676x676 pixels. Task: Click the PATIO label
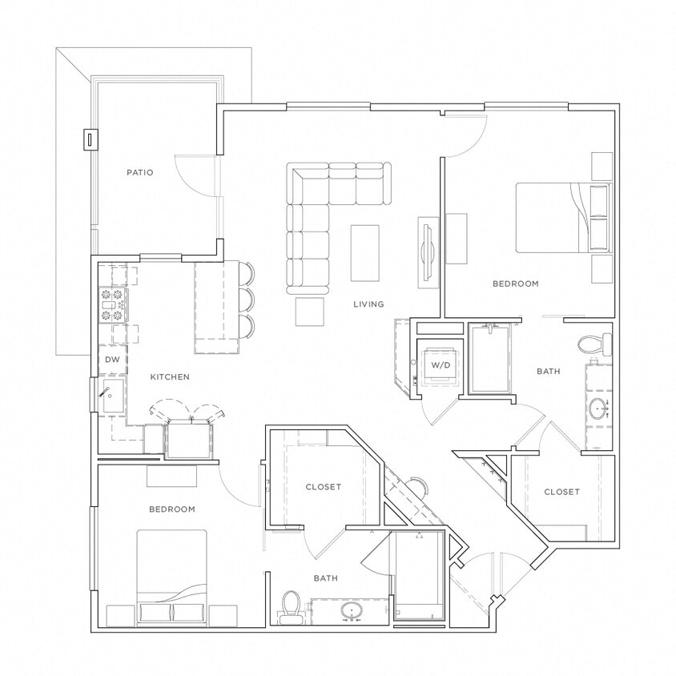coord(139,172)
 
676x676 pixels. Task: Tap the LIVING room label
coord(369,304)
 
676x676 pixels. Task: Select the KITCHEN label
coord(170,376)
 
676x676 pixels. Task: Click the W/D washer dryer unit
coord(441,365)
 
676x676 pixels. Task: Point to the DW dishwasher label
coord(112,360)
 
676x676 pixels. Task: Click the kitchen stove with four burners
coord(112,305)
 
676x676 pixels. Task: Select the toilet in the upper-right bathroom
coord(594,344)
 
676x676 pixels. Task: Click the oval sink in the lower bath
coord(352,613)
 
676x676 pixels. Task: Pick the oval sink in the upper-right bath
coord(598,409)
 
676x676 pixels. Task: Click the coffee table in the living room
coord(365,253)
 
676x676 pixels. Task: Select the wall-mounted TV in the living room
coord(427,252)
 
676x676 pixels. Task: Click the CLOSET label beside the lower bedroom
coord(323,487)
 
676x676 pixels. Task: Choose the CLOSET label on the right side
coord(561,492)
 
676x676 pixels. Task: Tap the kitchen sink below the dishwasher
coord(111,397)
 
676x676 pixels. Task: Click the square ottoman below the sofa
coord(310,312)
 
